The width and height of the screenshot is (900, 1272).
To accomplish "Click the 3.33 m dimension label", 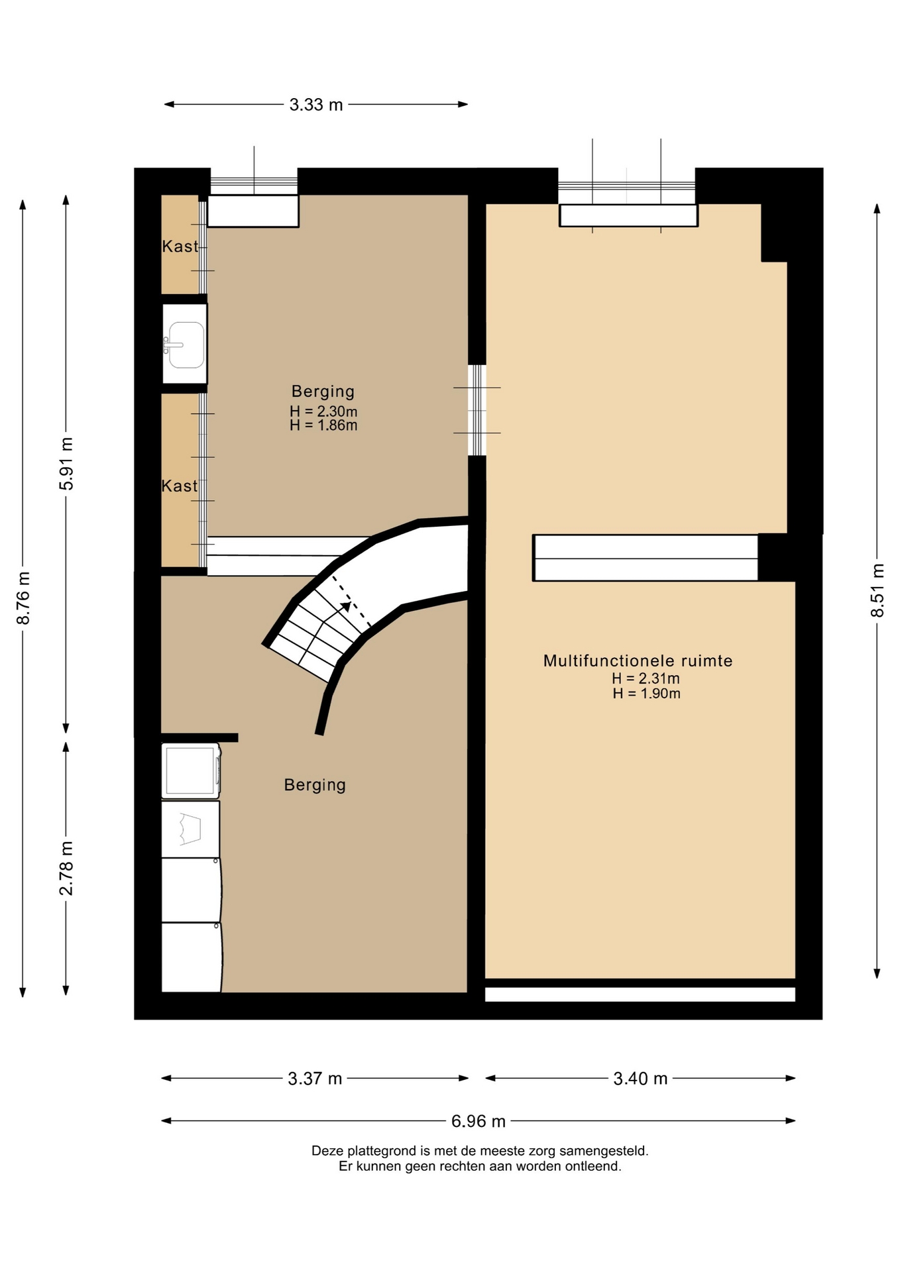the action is point(316,105).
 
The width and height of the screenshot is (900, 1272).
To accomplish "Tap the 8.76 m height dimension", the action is point(23,598).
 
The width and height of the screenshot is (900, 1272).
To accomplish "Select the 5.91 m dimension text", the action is point(66,464).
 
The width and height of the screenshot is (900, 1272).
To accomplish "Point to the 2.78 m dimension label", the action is point(66,868).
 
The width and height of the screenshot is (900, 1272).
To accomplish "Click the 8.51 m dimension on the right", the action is point(877,590).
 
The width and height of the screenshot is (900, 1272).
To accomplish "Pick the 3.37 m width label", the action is point(315,1079).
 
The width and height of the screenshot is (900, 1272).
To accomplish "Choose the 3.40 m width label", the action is point(640,1079).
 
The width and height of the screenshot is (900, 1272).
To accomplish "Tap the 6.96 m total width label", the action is point(478,1121).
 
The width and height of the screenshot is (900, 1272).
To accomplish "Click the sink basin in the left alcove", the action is point(185,344).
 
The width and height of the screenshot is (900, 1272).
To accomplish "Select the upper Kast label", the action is point(180,246).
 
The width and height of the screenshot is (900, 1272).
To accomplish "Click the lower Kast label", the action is point(180,486).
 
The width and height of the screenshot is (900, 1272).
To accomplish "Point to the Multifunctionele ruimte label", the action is point(638,661).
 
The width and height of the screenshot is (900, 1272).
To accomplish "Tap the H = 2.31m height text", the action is point(646,678).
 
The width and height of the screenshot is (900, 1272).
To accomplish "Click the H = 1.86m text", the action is point(323,425).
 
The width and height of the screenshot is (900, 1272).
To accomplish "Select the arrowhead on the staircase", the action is point(345,606).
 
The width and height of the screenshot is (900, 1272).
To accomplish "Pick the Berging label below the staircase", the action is point(315,785).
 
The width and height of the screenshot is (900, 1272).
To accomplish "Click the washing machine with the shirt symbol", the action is point(191,829).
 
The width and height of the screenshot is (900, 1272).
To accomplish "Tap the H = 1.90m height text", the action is point(647,694).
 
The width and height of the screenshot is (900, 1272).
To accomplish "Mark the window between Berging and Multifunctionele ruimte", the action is point(477,410).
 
